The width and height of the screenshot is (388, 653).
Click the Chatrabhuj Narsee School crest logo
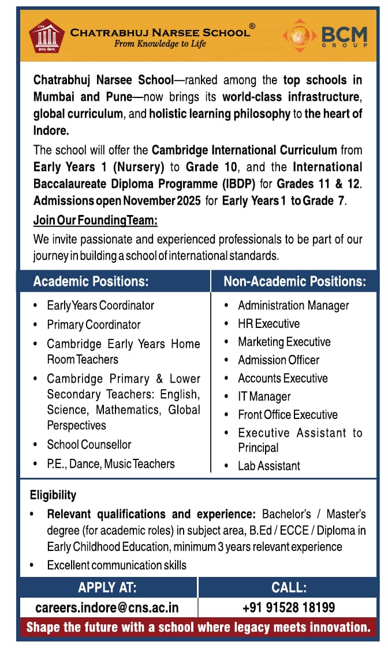point(47,37)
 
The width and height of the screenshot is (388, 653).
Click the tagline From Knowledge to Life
point(160,44)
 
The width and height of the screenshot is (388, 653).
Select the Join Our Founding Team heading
point(95,220)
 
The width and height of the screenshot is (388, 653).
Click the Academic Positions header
point(91,282)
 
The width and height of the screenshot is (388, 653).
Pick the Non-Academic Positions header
point(294,282)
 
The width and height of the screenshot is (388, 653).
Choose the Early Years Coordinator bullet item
point(100,305)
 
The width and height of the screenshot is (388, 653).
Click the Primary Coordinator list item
point(94,325)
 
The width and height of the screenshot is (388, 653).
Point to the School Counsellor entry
point(89,445)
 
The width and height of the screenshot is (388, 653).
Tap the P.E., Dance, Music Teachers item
point(111,464)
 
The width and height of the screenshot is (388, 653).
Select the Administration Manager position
point(293,305)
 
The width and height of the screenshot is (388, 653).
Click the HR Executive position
point(268,324)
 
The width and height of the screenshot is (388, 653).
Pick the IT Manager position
point(264,397)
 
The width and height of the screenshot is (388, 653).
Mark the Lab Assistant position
point(269,466)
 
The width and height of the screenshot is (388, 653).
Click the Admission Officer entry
point(278,360)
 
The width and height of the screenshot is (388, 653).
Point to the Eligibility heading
point(53,495)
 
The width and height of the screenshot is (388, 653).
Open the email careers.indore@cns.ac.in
point(107,607)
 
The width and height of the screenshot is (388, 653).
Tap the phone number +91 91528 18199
point(288,607)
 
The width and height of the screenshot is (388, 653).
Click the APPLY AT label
point(107,588)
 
